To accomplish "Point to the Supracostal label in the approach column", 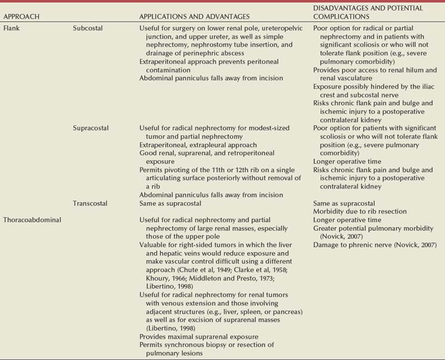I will [x=92, y=128].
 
